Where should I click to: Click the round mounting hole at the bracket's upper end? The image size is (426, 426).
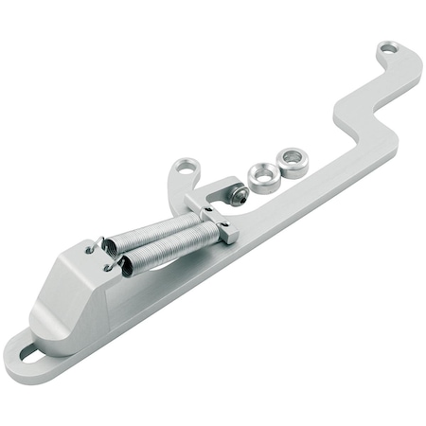[386, 47]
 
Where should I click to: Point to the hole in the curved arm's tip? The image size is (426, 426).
[186, 168]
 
